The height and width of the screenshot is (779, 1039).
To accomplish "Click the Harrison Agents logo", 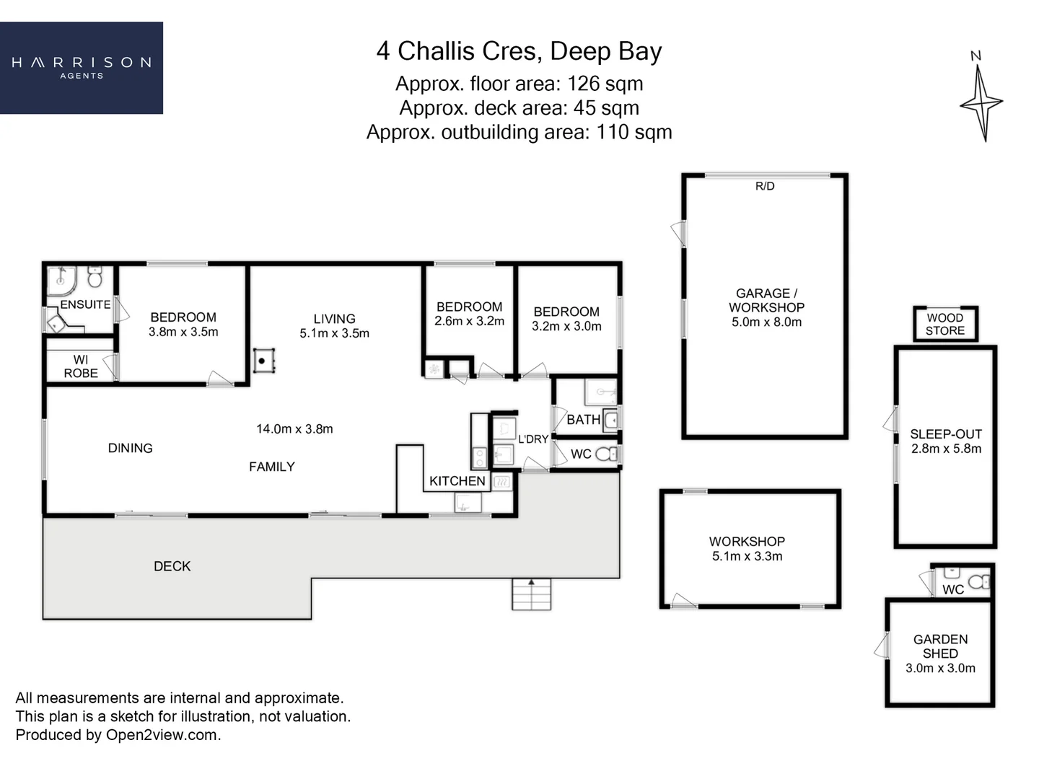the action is [x=82, y=68].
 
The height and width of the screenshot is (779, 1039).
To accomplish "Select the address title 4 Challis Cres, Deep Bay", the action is [x=519, y=51].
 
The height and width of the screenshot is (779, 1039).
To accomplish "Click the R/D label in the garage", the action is [x=765, y=186].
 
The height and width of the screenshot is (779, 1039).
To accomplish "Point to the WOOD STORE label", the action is [x=945, y=324].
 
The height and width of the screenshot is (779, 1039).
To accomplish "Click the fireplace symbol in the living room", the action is [x=263, y=361].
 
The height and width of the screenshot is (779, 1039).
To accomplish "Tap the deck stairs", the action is [x=532, y=594].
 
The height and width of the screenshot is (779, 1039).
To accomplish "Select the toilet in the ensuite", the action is [x=95, y=277].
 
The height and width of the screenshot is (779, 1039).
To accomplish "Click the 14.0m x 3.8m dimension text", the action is [x=294, y=429].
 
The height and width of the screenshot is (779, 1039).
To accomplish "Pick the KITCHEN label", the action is [x=457, y=481].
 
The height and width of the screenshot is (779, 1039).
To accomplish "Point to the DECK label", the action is [x=172, y=566].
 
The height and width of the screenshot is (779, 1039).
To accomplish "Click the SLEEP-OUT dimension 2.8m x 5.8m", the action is [x=946, y=449].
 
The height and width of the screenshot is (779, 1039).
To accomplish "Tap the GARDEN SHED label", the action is [x=941, y=646].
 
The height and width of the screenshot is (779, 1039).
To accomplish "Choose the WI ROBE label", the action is [x=81, y=366].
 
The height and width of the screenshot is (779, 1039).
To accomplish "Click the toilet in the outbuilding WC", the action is [x=979, y=581].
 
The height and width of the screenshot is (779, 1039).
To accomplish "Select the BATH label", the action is [x=583, y=420].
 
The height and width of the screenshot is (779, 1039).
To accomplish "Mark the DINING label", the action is [x=130, y=448].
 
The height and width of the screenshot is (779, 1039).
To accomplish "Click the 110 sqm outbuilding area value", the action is [x=634, y=132].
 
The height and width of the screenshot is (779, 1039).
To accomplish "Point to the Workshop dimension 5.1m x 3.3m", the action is [x=748, y=555].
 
